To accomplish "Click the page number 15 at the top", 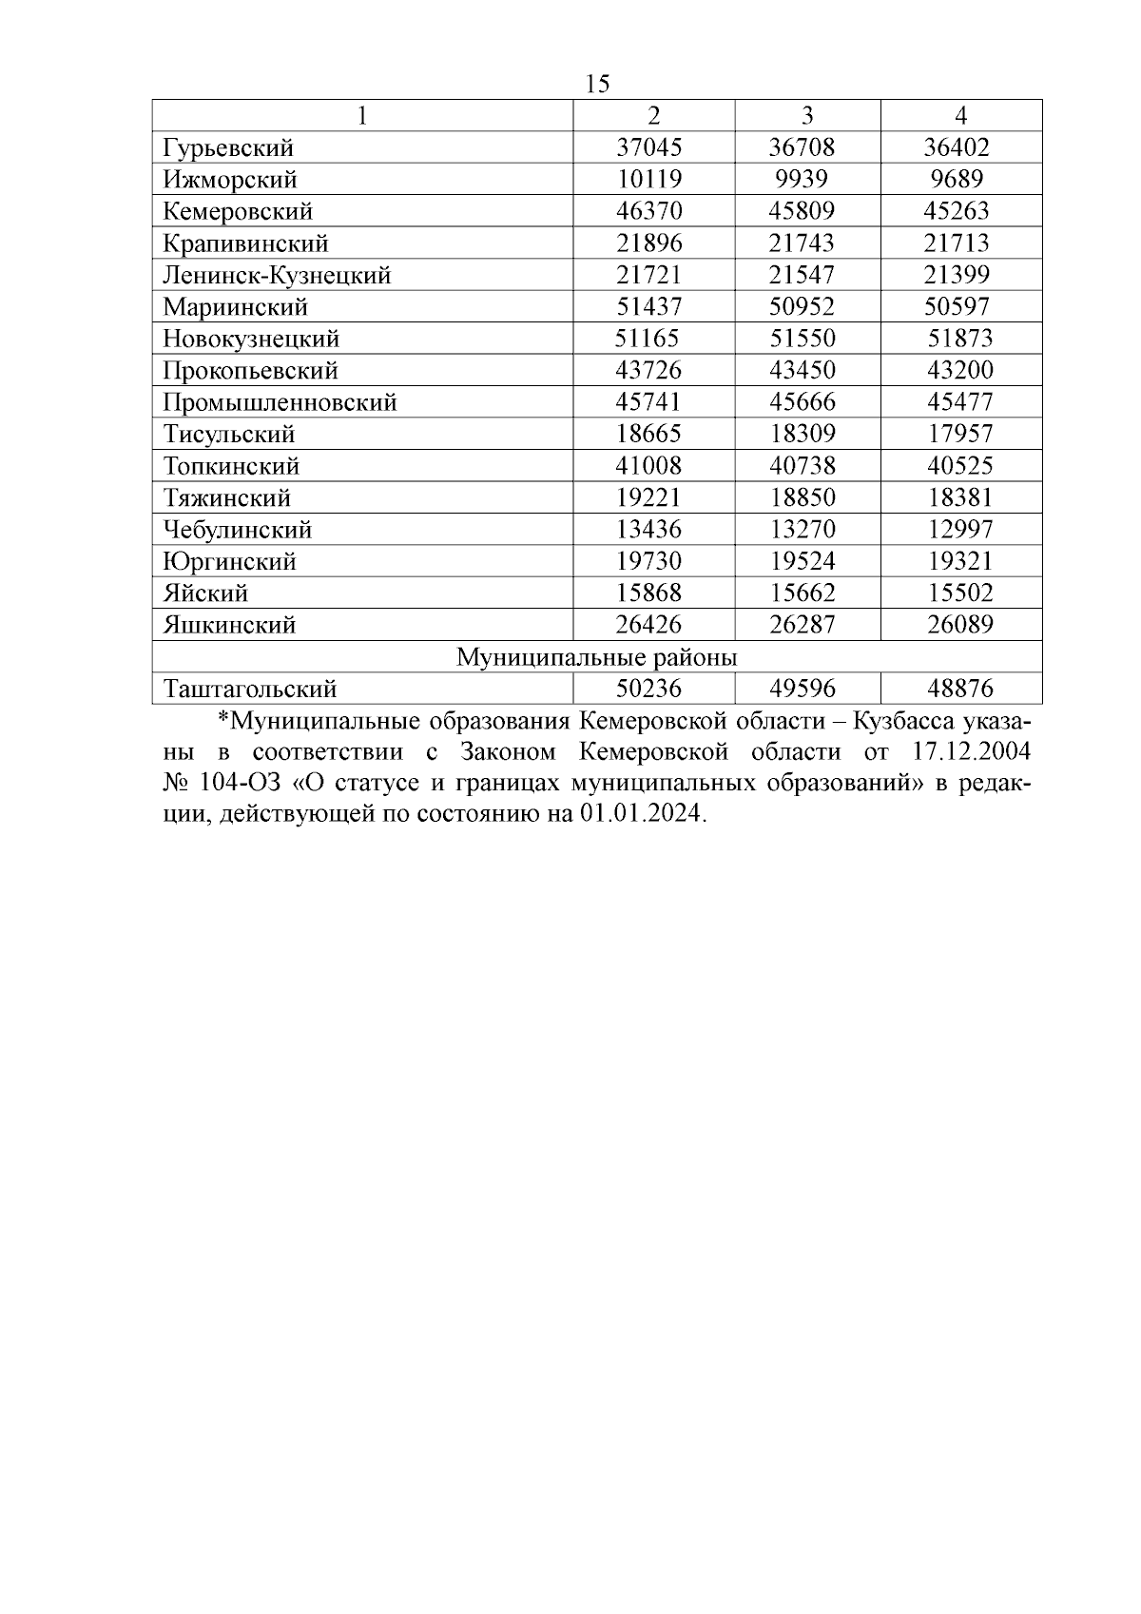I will [x=598, y=84].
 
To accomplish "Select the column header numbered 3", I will [x=807, y=115].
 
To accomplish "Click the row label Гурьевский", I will [x=228, y=147].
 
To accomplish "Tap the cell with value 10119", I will [x=649, y=179].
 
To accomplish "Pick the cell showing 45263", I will [x=957, y=211].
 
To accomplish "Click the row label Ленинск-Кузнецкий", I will [x=277, y=275].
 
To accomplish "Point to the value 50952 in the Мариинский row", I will [x=802, y=306].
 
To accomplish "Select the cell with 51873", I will [x=960, y=339].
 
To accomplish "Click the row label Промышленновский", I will [x=280, y=402].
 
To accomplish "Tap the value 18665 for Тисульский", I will [x=649, y=434].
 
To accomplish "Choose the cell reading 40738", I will [x=802, y=466].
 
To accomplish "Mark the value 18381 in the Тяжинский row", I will [x=960, y=497].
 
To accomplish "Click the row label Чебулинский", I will [x=238, y=530].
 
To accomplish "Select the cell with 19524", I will [x=802, y=561].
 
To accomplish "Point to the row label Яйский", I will [x=205, y=593].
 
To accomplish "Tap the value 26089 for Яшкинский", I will [x=960, y=625].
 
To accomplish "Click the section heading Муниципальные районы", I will [x=597, y=657].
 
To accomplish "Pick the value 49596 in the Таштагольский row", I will [x=802, y=689].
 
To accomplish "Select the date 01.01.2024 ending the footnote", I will [x=642, y=815].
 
